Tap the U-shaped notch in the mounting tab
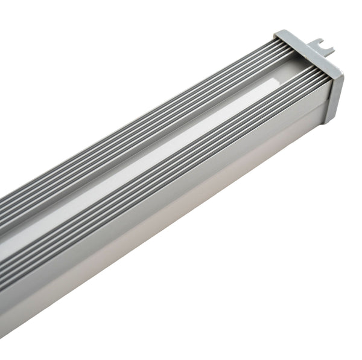323,42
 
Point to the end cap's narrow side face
335,97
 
